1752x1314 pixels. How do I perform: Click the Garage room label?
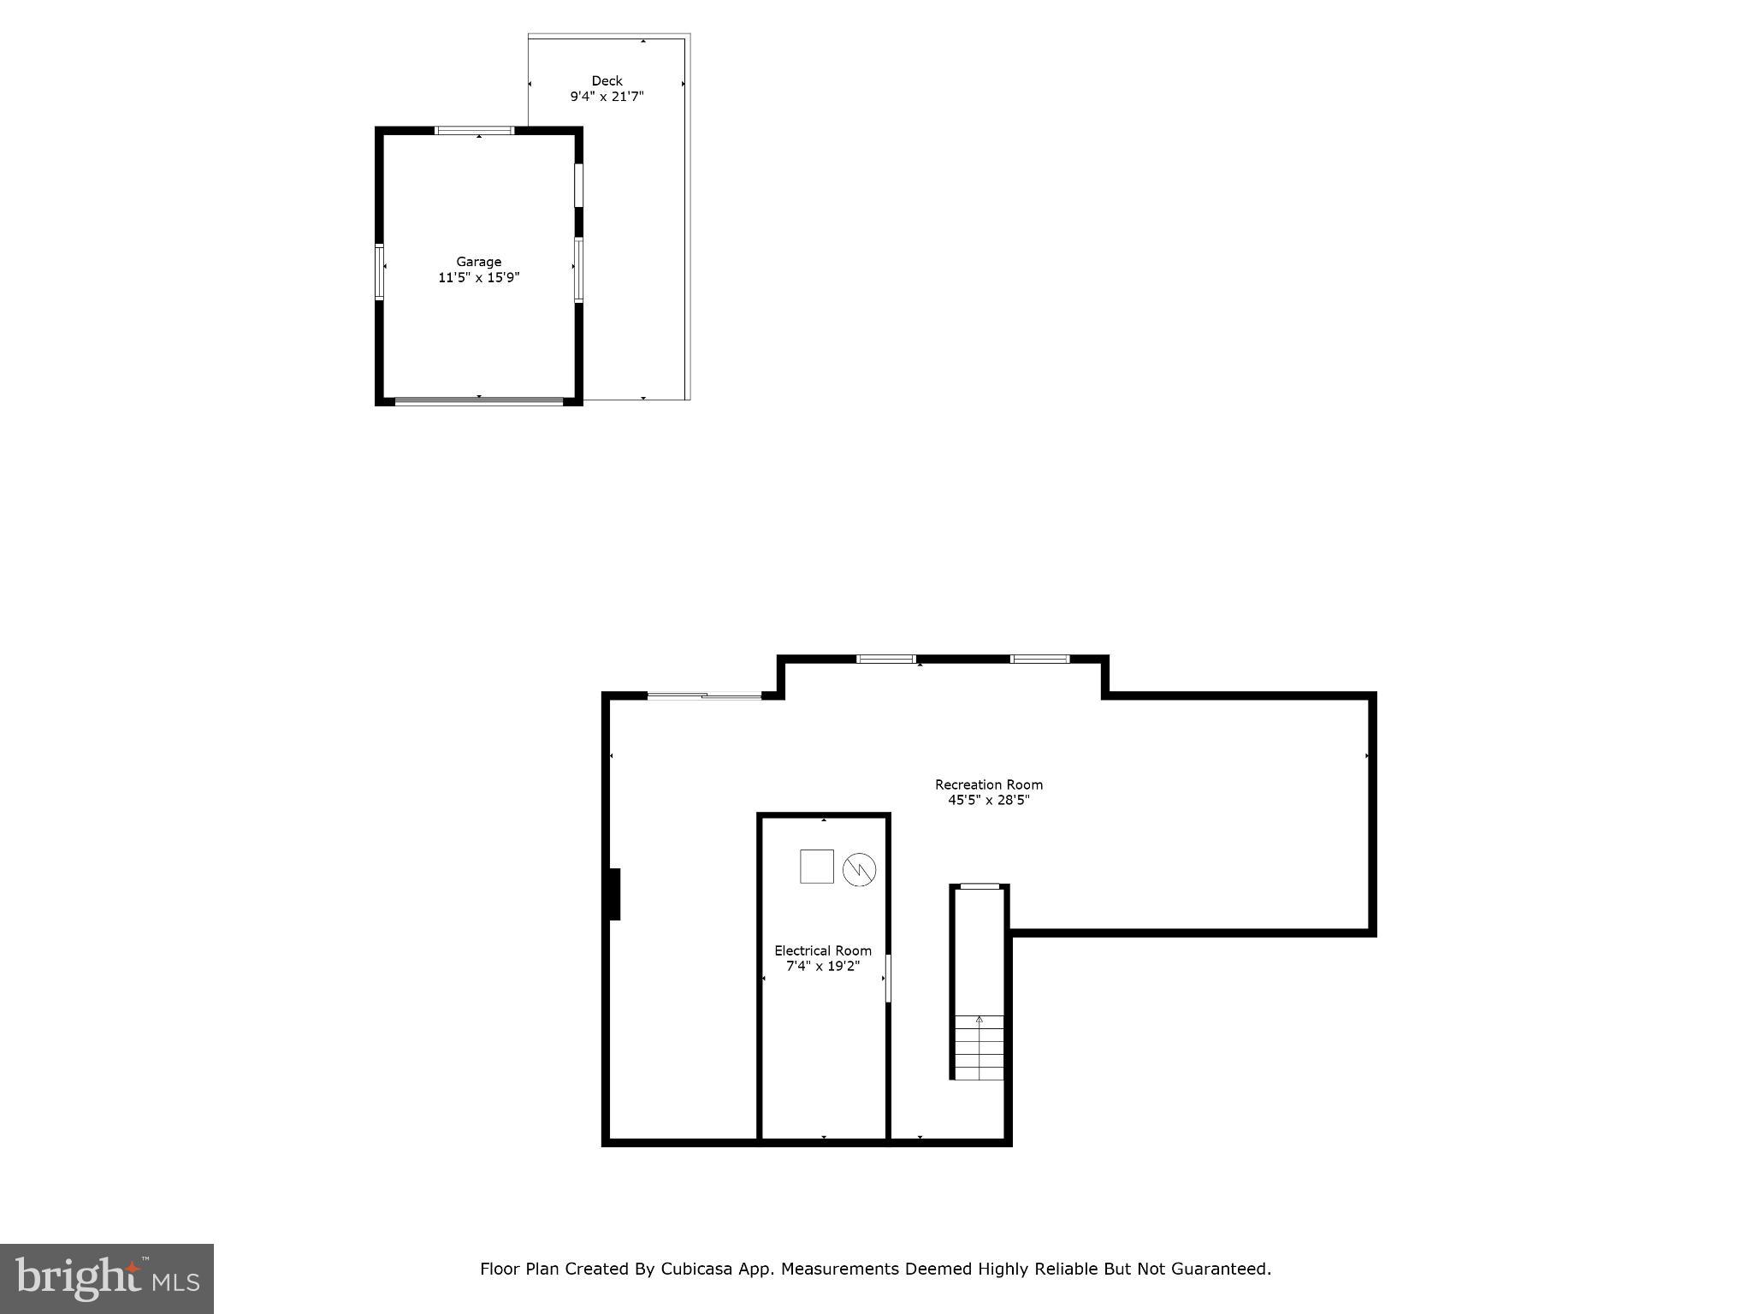coord(478,262)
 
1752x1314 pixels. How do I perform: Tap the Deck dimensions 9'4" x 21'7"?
coord(607,97)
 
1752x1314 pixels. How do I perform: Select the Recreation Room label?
coord(988,784)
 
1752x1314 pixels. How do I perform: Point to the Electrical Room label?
coord(823,950)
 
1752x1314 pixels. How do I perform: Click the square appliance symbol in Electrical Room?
coord(816,866)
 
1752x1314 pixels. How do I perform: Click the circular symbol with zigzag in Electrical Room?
coord(859,870)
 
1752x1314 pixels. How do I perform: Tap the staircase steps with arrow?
coord(979,1048)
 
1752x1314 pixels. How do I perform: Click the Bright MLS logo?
coord(107,1278)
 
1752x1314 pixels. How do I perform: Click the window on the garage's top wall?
coord(474,131)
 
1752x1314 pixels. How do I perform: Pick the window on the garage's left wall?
coord(379,272)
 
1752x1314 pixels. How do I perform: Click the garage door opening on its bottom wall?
coord(479,400)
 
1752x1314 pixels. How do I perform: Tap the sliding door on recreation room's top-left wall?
coord(704,696)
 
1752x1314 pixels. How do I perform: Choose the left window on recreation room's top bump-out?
coord(885,659)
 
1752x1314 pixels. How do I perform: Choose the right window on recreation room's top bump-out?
coord(1039,659)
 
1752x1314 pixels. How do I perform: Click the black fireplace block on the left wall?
coord(614,894)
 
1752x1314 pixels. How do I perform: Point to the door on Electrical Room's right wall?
coord(888,978)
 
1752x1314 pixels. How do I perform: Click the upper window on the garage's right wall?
coord(578,185)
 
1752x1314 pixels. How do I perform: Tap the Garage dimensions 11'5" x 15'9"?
coord(478,277)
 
